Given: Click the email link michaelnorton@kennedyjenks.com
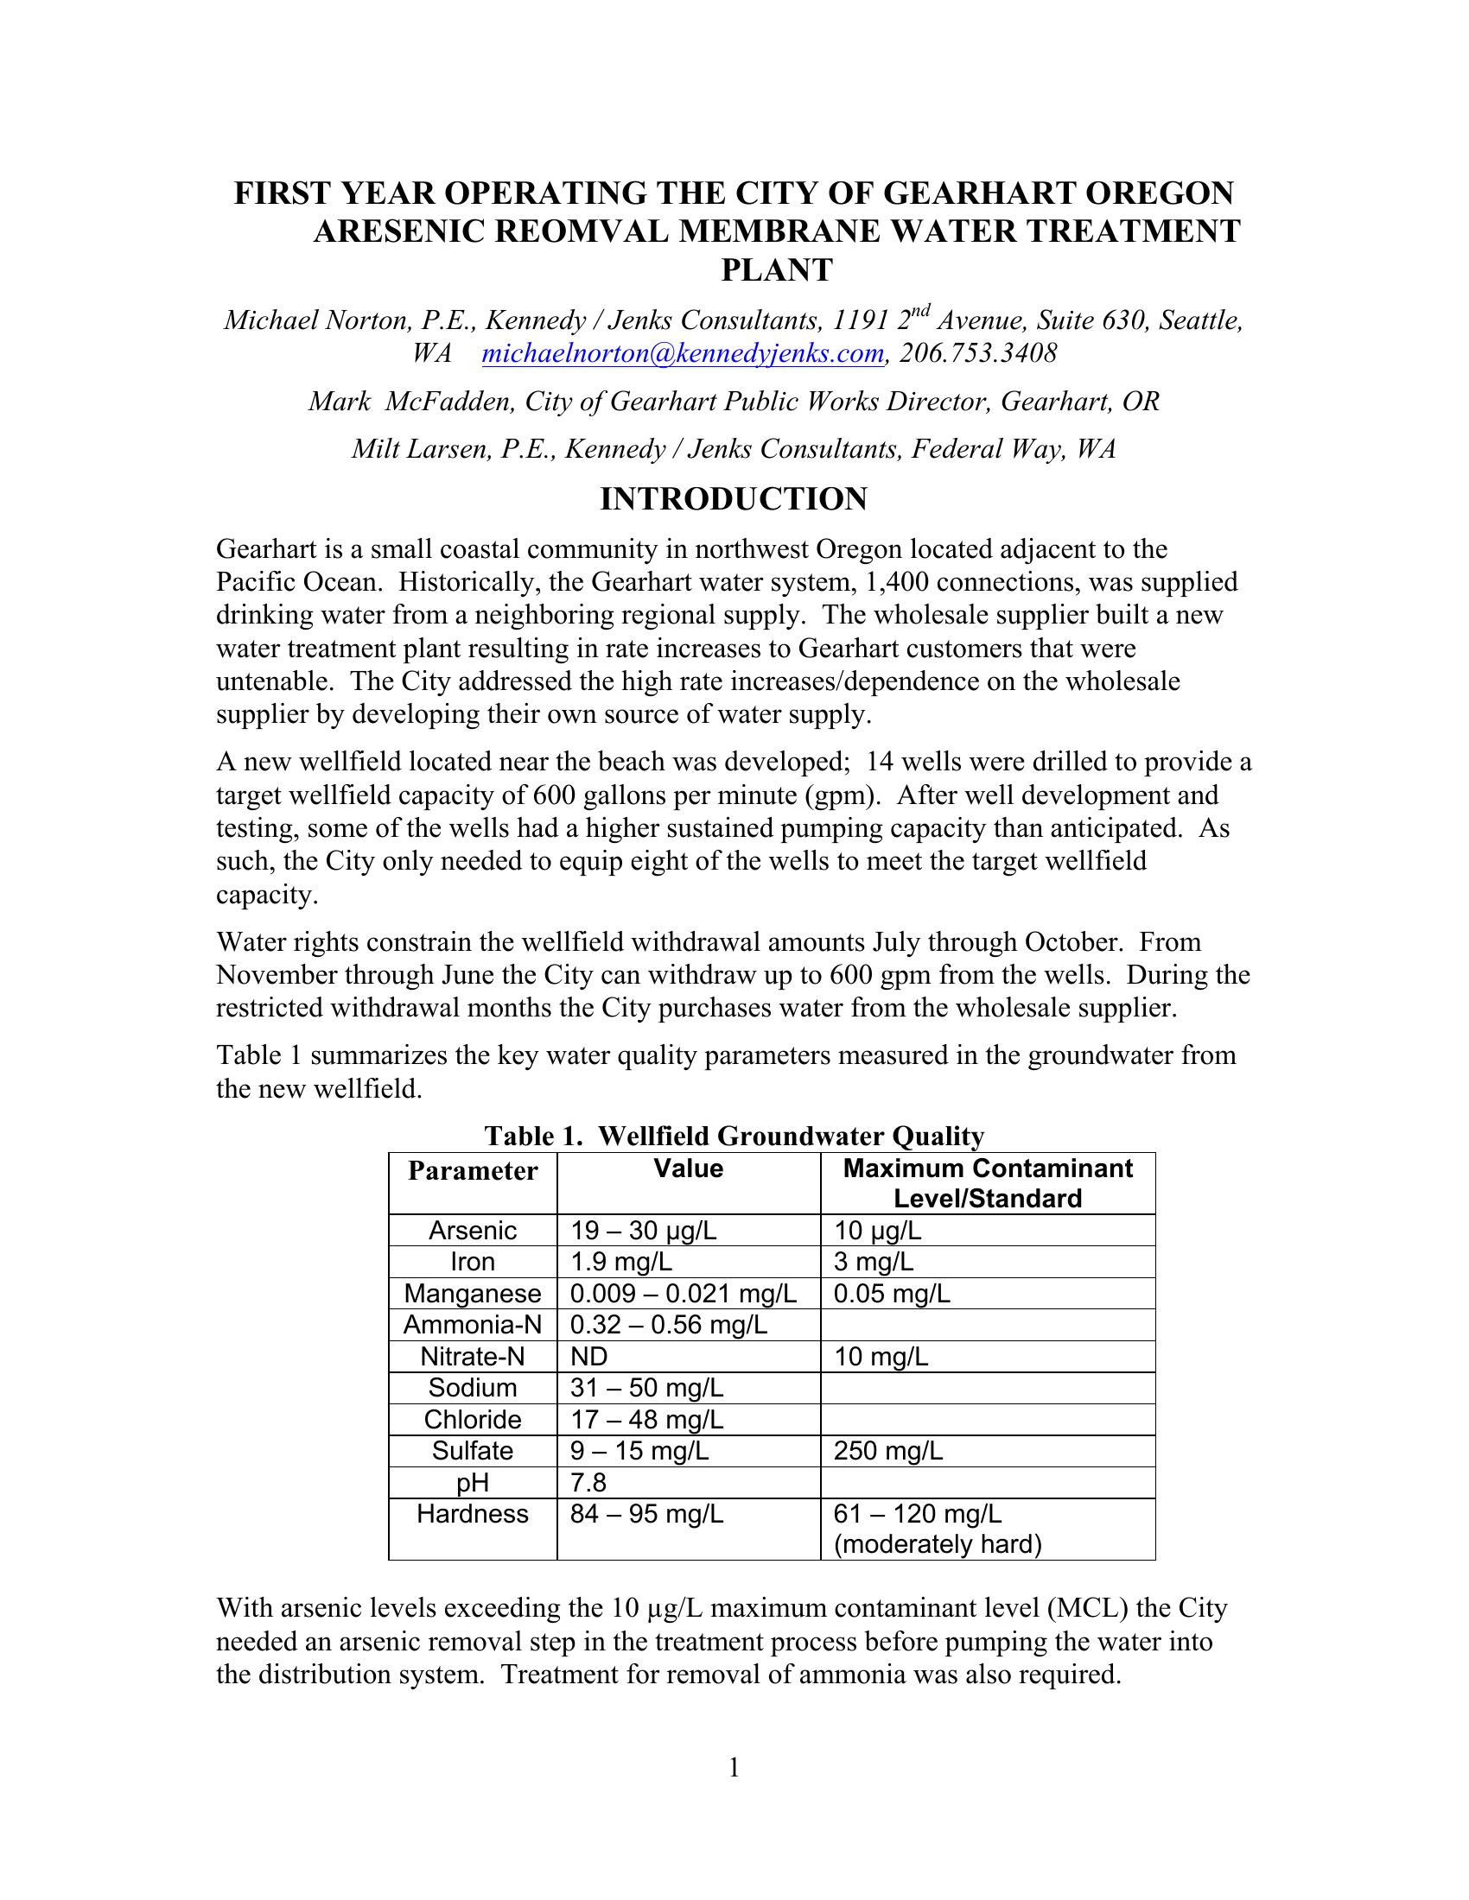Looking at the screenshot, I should (684, 354).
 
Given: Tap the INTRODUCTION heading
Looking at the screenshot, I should (734, 499).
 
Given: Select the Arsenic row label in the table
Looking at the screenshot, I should (473, 1230).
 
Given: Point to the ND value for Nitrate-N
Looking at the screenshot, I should (589, 1356).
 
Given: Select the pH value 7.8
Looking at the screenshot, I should (588, 1482).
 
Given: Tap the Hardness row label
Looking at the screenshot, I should (473, 1514).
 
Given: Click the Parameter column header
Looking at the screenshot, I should (473, 1171).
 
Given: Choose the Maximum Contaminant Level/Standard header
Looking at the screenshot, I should (988, 1183).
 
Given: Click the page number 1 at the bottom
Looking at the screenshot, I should (734, 1767).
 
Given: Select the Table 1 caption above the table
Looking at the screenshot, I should (734, 1137).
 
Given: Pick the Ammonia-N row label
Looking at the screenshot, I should (473, 1325).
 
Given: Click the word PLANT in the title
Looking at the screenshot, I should (776, 270).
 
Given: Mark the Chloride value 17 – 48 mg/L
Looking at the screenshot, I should (646, 1420).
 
